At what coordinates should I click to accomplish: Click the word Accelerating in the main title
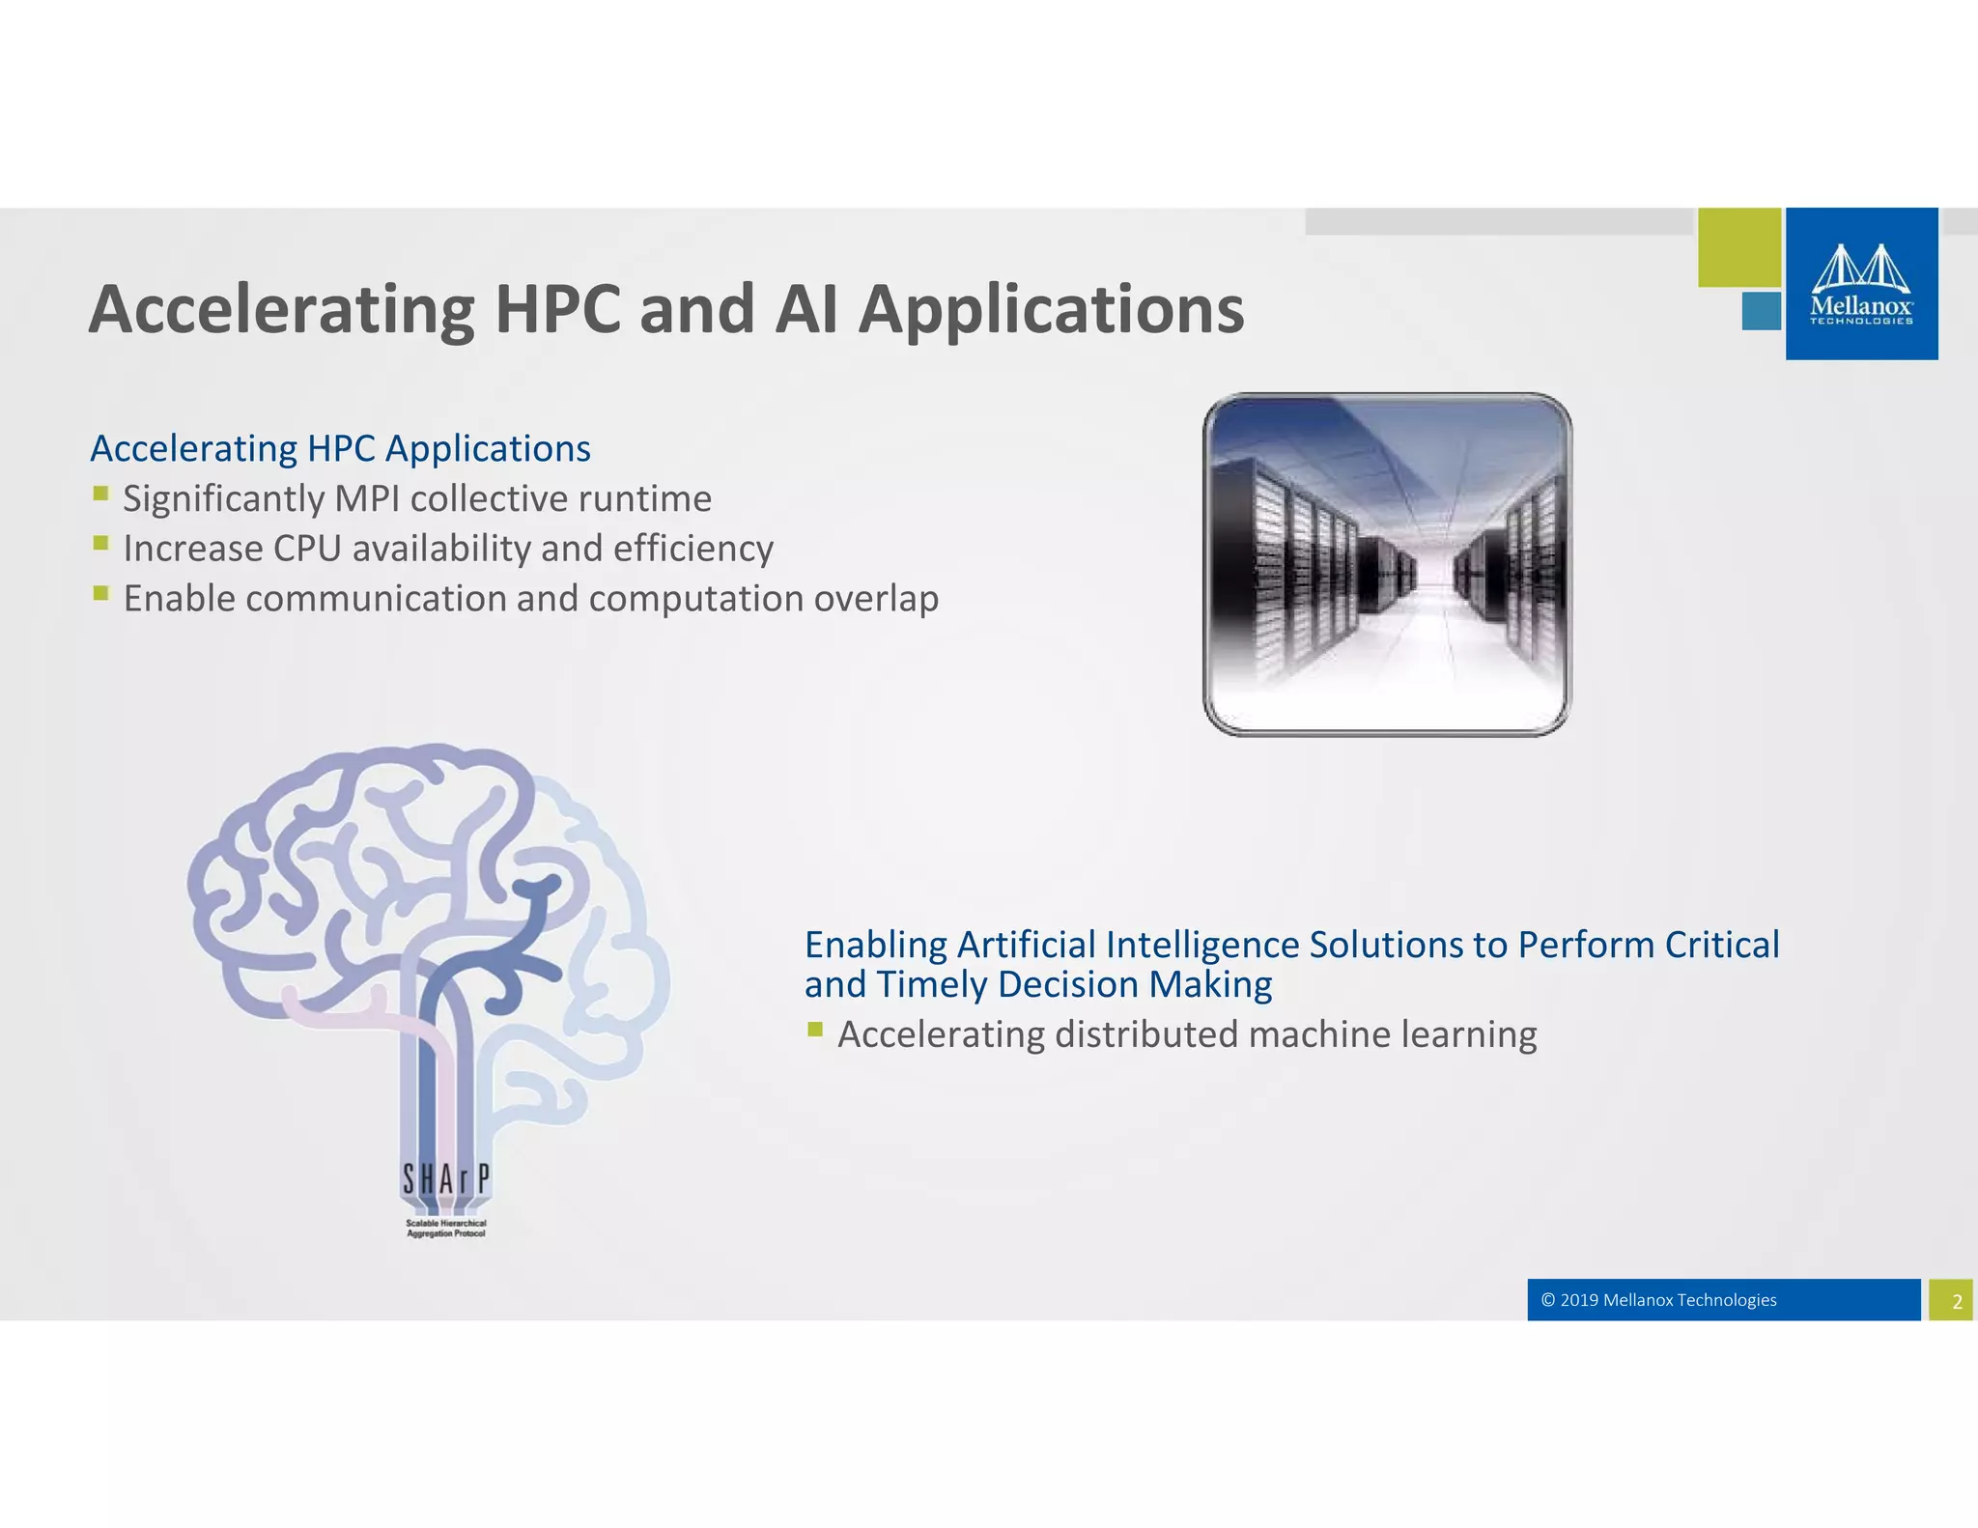tap(281, 310)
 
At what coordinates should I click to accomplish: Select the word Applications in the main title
tap(1051, 310)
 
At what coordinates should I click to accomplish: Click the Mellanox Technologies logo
tap(1861, 284)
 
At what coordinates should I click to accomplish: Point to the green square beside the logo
tap(1738, 247)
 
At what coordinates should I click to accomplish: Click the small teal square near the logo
tap(1761, 311)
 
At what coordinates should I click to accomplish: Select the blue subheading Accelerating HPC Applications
tap(340, 449)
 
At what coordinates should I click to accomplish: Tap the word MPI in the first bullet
tap(366, 499)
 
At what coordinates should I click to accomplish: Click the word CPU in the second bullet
tap(307, 549)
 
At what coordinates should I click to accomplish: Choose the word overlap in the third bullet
tap(875, 599)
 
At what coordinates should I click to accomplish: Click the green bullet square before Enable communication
tap(101, 593)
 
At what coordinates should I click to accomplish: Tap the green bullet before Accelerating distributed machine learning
tap(815, 1029)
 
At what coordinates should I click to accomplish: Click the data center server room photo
tap(1386, 565)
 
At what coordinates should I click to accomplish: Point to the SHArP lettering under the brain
tap(445, 1179)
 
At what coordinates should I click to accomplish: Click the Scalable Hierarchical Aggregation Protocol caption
tap(445, 1229)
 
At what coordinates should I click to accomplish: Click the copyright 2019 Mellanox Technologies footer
tap(1667, 1300)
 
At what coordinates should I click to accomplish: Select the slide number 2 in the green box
tap(1956, 1301)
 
